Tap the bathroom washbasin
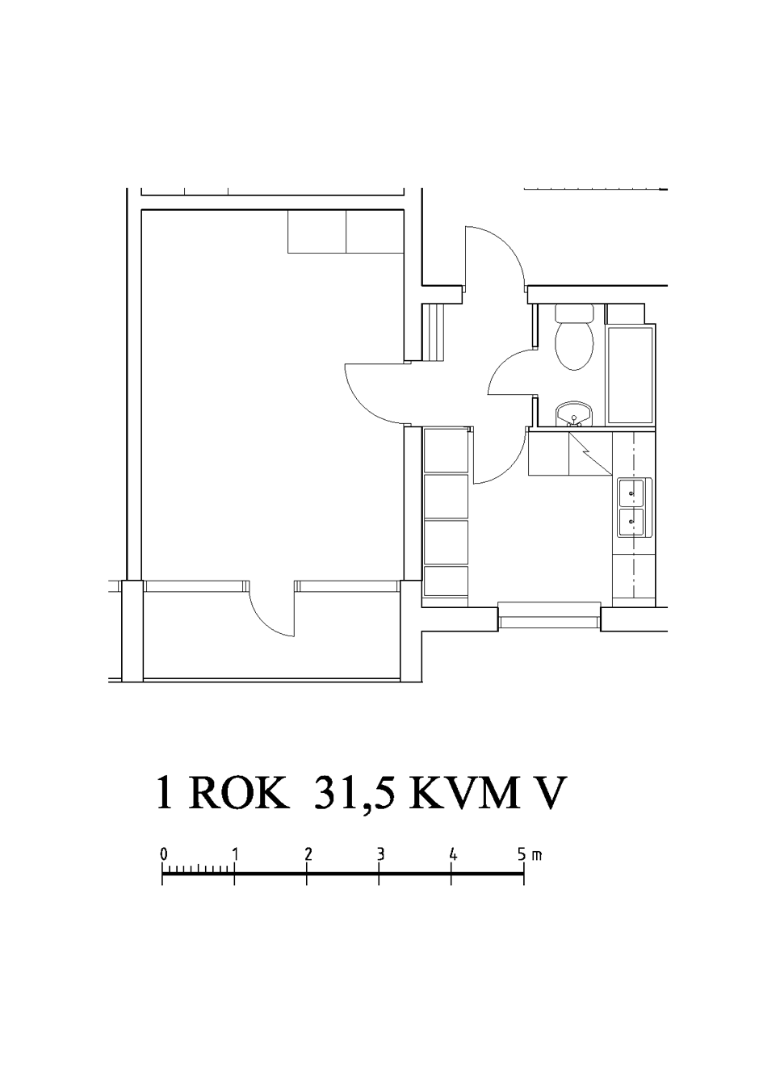[574, 414]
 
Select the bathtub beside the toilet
[631, 375]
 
